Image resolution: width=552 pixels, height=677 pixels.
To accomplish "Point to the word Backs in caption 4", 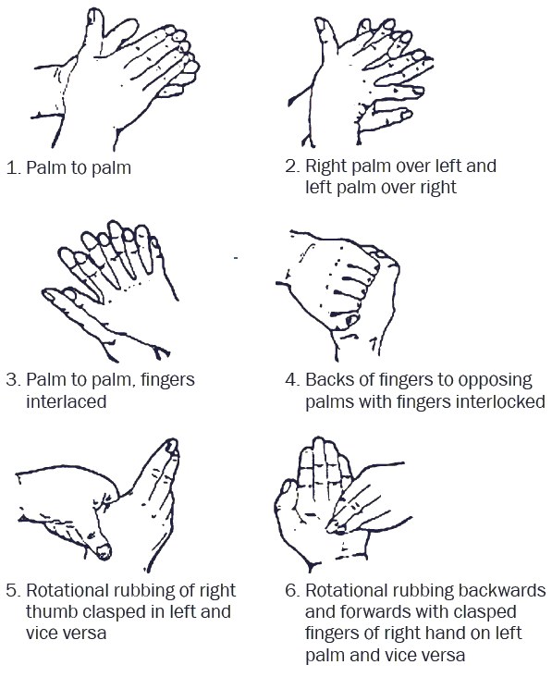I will pos(327,380).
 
